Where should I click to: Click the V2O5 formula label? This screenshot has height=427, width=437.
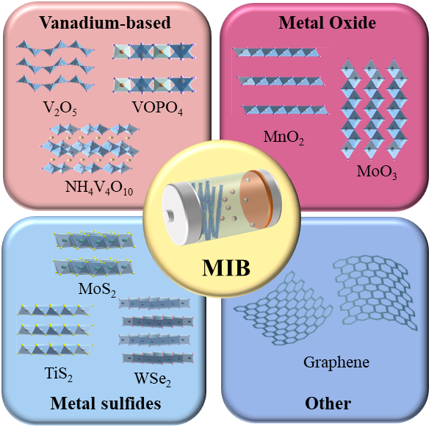59,108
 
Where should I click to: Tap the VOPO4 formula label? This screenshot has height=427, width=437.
157,107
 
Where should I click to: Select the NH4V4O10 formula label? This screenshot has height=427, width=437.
99,187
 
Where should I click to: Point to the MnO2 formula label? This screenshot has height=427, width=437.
283,137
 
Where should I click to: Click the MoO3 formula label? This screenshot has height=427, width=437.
377,172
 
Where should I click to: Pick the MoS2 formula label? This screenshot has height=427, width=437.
97,290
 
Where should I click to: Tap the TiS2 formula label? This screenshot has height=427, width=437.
59,374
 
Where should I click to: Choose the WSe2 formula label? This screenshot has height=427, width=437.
153,379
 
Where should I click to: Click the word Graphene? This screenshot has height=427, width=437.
336,363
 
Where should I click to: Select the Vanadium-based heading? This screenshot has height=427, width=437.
105,22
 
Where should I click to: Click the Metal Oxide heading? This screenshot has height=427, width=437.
327,22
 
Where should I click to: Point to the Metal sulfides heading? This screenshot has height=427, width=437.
106,403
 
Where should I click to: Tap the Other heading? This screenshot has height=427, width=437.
328,403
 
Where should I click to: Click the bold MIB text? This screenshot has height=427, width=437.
226,268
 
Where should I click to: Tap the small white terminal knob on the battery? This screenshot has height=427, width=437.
170,215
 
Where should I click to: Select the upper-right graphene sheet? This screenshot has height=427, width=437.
375,292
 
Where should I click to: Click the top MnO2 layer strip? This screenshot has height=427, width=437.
275,52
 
